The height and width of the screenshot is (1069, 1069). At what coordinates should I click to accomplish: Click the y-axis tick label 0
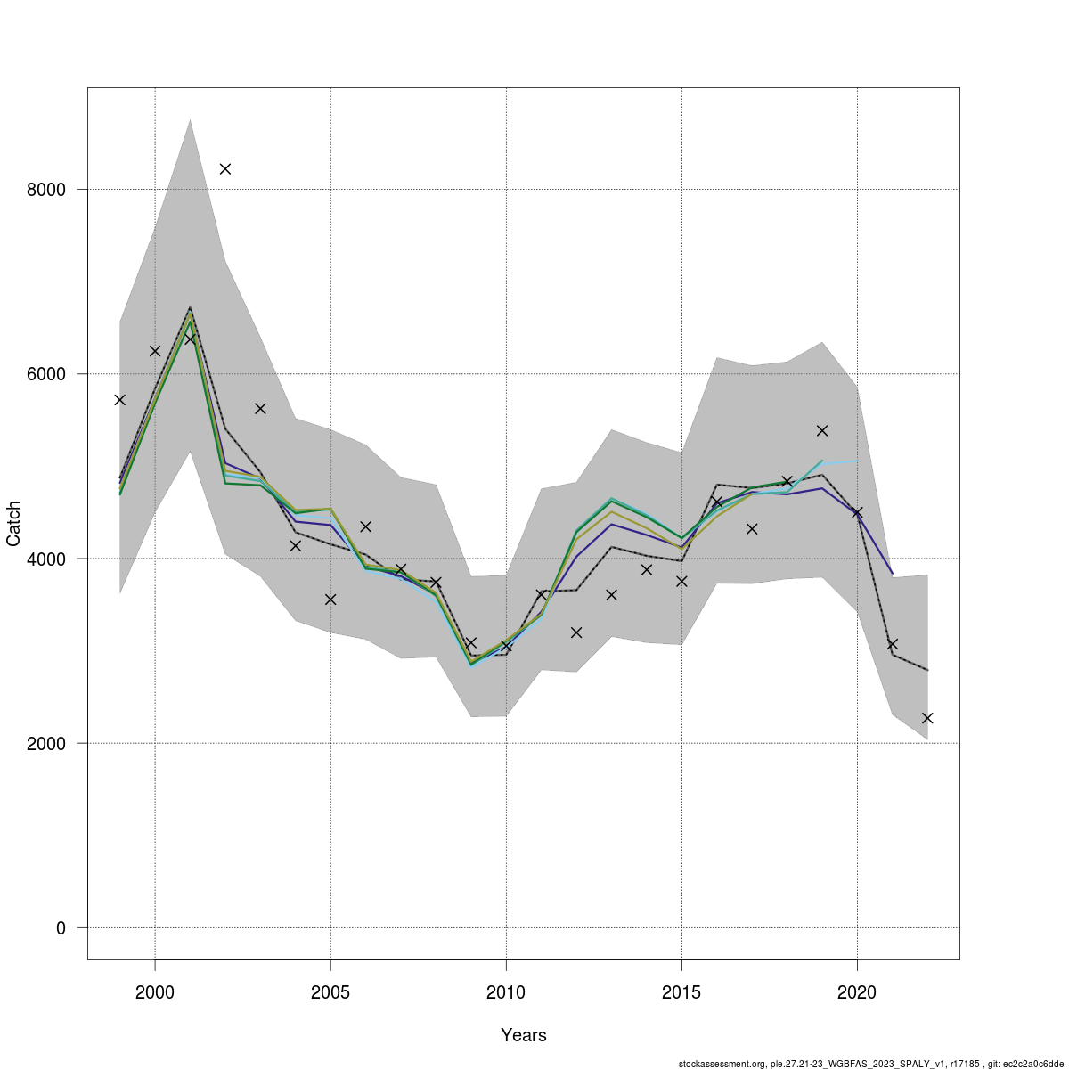point(61,928)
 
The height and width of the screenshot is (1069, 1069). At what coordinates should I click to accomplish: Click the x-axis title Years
point(524,1035)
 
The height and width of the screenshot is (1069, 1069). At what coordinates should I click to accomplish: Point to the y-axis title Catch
point(14,524)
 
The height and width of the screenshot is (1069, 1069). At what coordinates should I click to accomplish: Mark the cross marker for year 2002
point(225,168)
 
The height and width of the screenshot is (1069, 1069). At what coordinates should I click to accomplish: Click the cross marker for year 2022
point(927,718)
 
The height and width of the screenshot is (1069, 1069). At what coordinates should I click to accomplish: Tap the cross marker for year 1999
point(120,400)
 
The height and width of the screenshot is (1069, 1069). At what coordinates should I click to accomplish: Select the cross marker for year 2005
point(330,600)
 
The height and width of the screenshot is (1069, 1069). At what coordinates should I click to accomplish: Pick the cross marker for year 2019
point(822,430)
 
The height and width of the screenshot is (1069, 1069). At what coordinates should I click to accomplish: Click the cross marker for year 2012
point(576,632)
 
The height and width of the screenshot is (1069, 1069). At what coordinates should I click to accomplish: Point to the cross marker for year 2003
point(260,408)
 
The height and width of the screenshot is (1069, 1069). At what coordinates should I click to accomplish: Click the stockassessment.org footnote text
point(870,1064)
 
